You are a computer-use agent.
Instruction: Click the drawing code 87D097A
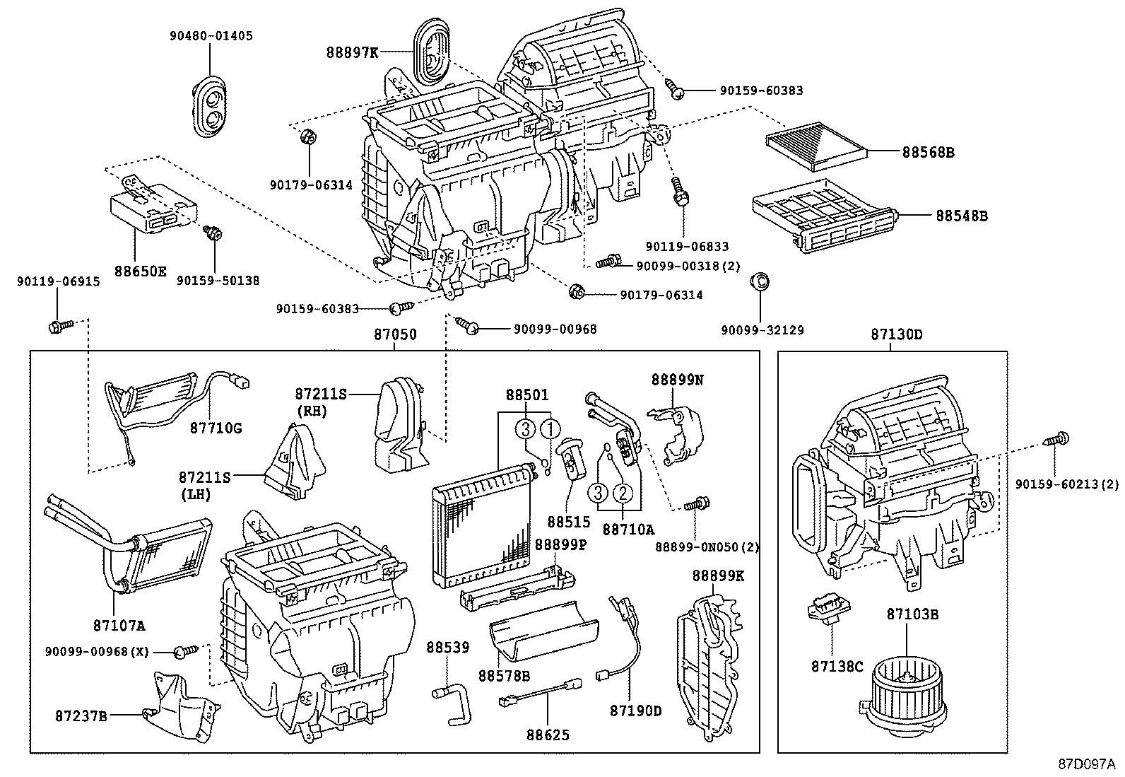1086,764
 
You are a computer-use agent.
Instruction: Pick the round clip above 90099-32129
759,281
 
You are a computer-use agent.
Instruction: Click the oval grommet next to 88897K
432,53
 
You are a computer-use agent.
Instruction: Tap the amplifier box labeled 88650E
151,209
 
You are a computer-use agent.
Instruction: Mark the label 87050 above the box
395,334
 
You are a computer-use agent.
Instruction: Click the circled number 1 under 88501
550,427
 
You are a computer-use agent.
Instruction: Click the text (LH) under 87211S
195,495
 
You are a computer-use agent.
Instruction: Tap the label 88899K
718,576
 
